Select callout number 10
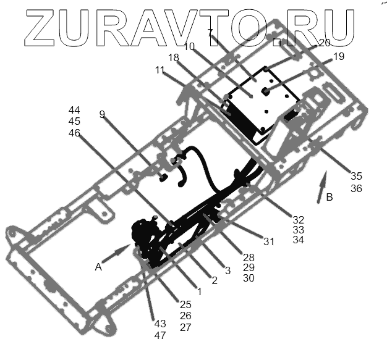(190, 46)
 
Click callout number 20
(325, 43)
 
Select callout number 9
(102, 114)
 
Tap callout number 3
(227, 270)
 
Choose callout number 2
(214, 280)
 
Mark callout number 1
(199, 290)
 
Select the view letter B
(330, 198)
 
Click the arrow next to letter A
(116, 254)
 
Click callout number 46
(74, 133)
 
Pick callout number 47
(160, 335)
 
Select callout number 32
(299, 219)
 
